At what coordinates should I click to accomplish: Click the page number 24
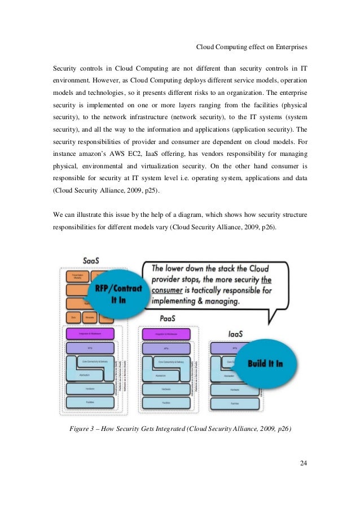pos(303,464)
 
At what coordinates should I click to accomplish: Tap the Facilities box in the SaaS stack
pos(90,403)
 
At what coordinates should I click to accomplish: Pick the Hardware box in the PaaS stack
pos(166,389)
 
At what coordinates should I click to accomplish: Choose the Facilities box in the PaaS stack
pos(166,403)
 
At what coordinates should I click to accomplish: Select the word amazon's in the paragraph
pos(85,154)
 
